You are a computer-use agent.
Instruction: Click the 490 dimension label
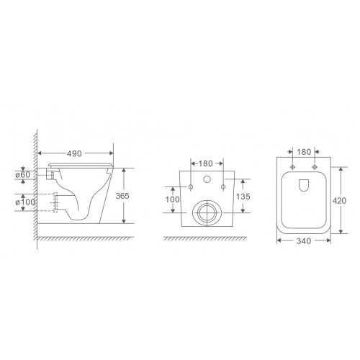[74, 153]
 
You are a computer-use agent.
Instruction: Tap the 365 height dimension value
[122, 196]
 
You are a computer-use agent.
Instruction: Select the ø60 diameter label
[23, 175]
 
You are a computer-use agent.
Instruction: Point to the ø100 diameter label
[25, 202]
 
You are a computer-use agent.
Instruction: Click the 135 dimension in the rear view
[243, 197]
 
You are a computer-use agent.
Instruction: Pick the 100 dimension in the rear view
[172, 199]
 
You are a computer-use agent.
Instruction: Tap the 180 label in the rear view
[206, 163]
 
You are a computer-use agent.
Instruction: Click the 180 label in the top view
[304, 152]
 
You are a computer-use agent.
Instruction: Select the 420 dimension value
[339, 201]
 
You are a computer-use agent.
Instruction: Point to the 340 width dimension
[304, 241]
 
